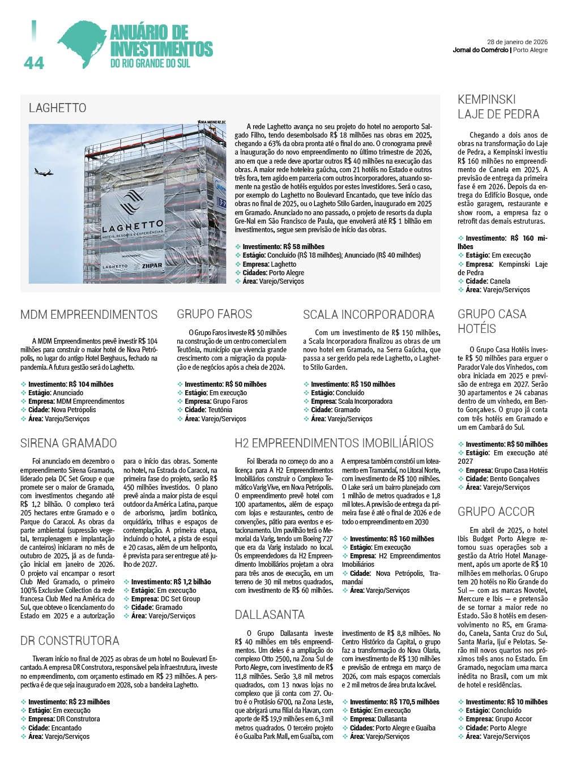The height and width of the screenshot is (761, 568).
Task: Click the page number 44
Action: point(34,63)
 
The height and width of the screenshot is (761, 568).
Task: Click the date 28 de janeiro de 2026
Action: point(517,42)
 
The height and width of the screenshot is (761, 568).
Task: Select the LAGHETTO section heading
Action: point(58,108)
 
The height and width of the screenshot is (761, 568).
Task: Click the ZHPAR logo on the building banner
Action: point(152,266)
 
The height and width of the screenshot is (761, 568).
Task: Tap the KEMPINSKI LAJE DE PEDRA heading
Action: point(498,107)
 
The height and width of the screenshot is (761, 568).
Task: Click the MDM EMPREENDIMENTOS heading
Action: point(89,315)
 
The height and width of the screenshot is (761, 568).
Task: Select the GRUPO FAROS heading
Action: point(214,314)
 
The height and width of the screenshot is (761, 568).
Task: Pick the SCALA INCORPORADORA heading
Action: point(368,315)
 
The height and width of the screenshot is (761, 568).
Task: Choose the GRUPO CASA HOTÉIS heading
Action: point(492,321)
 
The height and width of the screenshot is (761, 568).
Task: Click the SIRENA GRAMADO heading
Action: point(69,443)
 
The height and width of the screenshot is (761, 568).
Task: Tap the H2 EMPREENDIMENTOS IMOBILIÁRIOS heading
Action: point(334,443)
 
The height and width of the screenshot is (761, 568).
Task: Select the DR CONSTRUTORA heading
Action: point(70,641)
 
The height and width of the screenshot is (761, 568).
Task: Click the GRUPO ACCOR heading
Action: point(496,512)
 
